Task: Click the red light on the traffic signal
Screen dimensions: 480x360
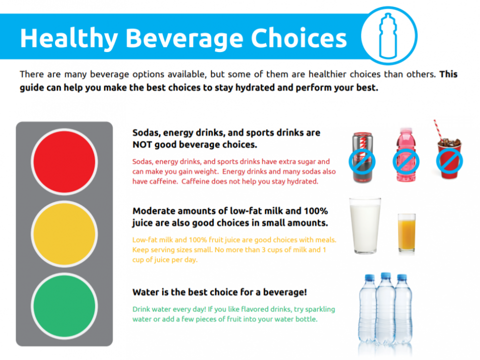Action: click(64, 161)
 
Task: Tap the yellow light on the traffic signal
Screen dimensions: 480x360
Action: click(64, 234)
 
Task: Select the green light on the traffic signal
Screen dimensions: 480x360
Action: click(64, 306)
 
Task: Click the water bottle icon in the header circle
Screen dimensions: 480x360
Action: click(388, 35)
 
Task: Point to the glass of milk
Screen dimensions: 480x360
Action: click(365, 225)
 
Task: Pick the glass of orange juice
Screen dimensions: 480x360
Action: click(406, 233)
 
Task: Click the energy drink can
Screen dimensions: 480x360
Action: click(362, 157)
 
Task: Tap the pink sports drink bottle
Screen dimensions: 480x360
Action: click(406, 155)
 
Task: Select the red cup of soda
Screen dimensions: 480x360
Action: click(449, 158)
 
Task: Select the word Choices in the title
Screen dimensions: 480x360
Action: click(299, 38)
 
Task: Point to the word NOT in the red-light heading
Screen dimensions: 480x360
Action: click(142, 144)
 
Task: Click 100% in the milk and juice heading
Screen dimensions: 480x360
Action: click(315, 211)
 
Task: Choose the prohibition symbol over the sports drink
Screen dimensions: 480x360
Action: click(406, 161)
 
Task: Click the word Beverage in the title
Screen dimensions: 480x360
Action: click(184, 38)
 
